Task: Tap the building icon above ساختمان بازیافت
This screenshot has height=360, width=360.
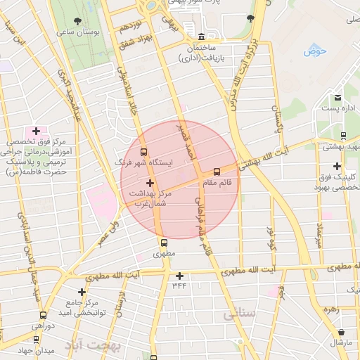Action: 201,37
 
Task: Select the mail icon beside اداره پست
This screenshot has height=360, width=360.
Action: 337,97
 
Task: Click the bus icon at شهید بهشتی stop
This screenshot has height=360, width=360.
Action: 343,136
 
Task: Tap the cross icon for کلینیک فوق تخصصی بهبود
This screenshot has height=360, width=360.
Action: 337,167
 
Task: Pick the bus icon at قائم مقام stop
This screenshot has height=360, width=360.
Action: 216,172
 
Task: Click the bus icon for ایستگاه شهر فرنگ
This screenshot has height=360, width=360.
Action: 144,151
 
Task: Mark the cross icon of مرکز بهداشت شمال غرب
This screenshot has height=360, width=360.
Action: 149,182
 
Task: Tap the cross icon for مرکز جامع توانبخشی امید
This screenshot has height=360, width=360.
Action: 82,292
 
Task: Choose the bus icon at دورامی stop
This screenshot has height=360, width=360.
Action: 44,316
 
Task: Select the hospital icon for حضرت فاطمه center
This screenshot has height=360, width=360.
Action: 36,131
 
